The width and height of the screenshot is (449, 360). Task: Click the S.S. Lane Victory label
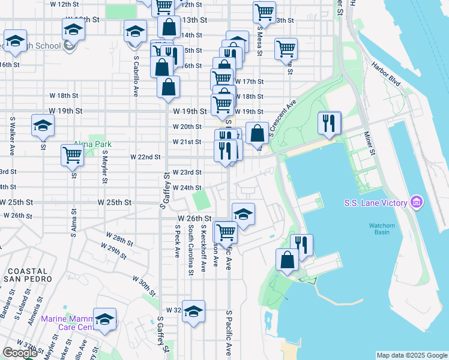point(376,203)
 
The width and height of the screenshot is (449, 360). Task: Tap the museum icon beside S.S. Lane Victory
point(415,203)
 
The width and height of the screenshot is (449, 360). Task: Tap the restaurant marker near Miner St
point(328,124)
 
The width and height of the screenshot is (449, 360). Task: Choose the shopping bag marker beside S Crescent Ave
point(257,133)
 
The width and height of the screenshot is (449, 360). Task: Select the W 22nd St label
point(146,157)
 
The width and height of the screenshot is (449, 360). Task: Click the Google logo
point(20,353)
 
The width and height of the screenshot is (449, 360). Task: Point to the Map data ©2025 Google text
point(411,355)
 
